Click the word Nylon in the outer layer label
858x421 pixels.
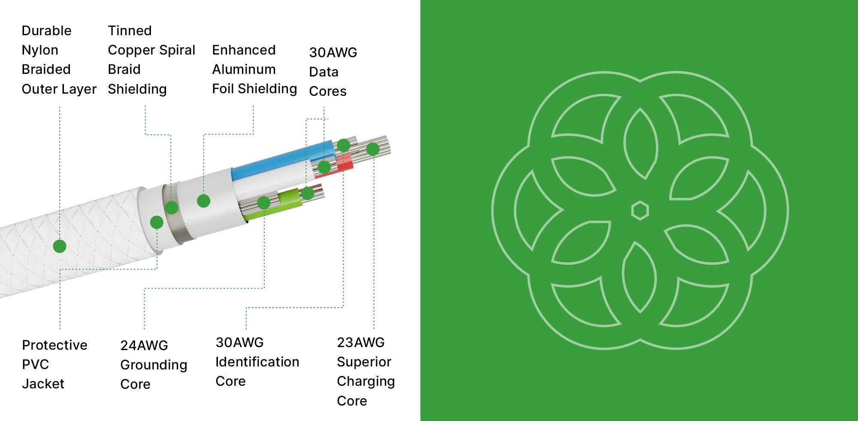click(x=40, y=50)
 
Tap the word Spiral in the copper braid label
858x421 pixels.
click(x=177, y=50)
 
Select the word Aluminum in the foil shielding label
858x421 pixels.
click(x=244, y=70)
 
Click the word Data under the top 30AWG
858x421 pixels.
click(x=323, y=72)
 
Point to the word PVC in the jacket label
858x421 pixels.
click(x=35, y=364)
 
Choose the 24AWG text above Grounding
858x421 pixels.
click(x=144, y=345)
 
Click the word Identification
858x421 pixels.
click(x=257, y=362)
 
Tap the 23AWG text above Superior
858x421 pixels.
click(x=361, y=343)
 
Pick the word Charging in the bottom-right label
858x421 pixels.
click(x=366, y=381)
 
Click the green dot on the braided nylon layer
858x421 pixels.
click(x=60, y=246)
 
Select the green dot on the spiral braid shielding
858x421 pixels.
click(x=172, y=207)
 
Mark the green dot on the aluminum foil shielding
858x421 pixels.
click(x=203, y=201)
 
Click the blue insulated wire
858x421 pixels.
click(x=279, y=161)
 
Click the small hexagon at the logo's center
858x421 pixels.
click(x=640, y=210)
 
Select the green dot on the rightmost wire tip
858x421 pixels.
click(x=373, y=149)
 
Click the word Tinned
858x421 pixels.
click(x=130, y=31)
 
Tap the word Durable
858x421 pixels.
click(x=46, y=31)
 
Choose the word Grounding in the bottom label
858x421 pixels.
click(x=154, y=365)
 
